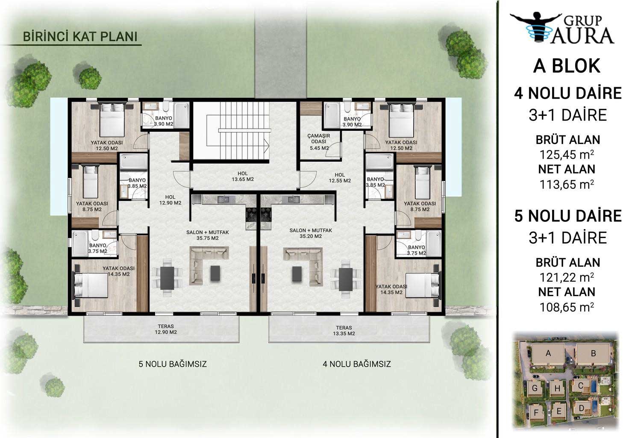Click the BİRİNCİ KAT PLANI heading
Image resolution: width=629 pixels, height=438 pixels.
click(x=80, y=37)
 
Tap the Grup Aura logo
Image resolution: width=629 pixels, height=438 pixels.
click(x=563, y=28)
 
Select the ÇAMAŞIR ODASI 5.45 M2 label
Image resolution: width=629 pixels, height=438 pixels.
click(x=319, y=141)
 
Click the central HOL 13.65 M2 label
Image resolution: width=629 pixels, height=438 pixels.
click(x=243, y=176)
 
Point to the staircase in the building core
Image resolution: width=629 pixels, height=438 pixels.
click(x=238, y=130)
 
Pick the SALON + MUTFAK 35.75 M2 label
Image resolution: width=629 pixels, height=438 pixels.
click(x=208, y=235)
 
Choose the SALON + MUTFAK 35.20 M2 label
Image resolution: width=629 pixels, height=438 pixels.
click(x=311, y=233)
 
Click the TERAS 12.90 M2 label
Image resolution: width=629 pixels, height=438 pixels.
click(x=166, y=329)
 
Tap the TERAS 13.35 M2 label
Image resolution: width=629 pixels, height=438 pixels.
click(x=344, y=330)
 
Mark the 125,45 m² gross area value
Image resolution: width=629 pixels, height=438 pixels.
click(x=567, y=154)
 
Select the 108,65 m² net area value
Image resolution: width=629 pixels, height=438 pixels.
click(x=567, y=307)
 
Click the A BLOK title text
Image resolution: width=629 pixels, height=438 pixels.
click(x=567, y=66)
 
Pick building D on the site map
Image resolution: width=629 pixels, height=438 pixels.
click(x=582, y=408)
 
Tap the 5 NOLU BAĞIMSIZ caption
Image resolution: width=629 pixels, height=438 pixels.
click(x=173, y=364)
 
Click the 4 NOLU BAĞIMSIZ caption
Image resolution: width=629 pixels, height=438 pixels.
click(x=357, y=364)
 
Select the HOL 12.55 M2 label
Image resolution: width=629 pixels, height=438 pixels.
click(x=340, y=178)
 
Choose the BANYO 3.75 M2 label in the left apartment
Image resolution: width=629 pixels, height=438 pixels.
click(x=98, y=248)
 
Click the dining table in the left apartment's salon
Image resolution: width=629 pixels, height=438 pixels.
click(x=167, y=278)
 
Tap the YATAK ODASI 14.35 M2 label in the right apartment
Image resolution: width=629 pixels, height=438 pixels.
click(x=391, y=289)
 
